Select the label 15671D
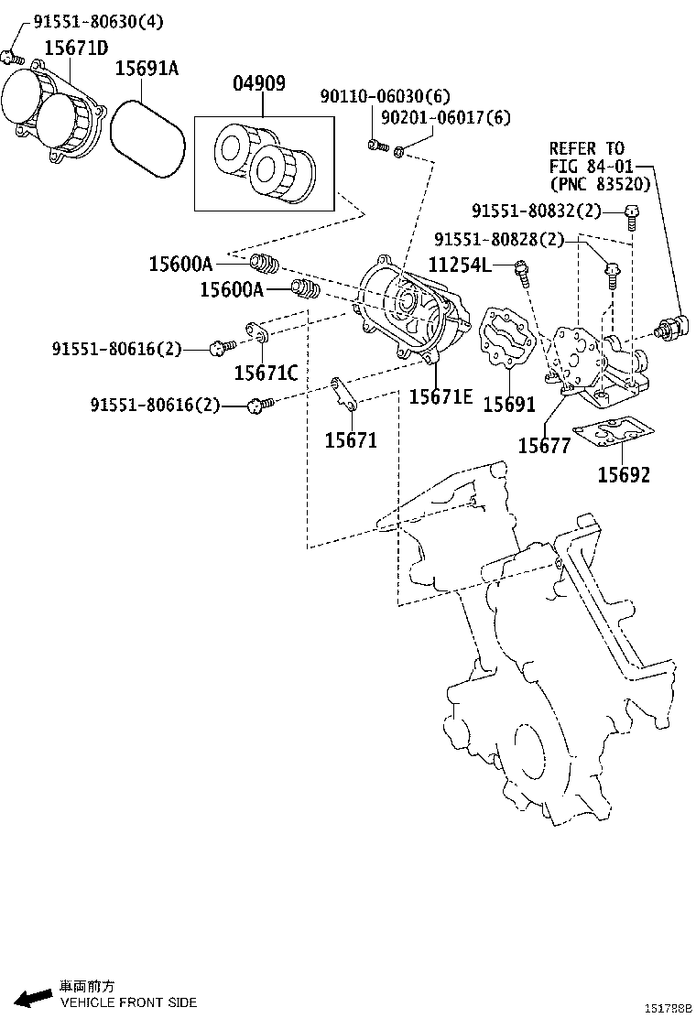coord(76,47)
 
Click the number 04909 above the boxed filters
coord(258,83)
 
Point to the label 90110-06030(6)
coord(386,97)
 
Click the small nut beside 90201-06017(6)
coord(400,148)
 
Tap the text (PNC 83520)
coord(600,184)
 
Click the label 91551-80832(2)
coord(537,211)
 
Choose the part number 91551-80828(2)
coord(499,240)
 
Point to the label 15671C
coord(266,372)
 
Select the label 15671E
coord(440,395)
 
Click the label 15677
coord(544,445)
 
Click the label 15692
coord(624,474)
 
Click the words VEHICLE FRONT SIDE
coord(128,1002)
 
